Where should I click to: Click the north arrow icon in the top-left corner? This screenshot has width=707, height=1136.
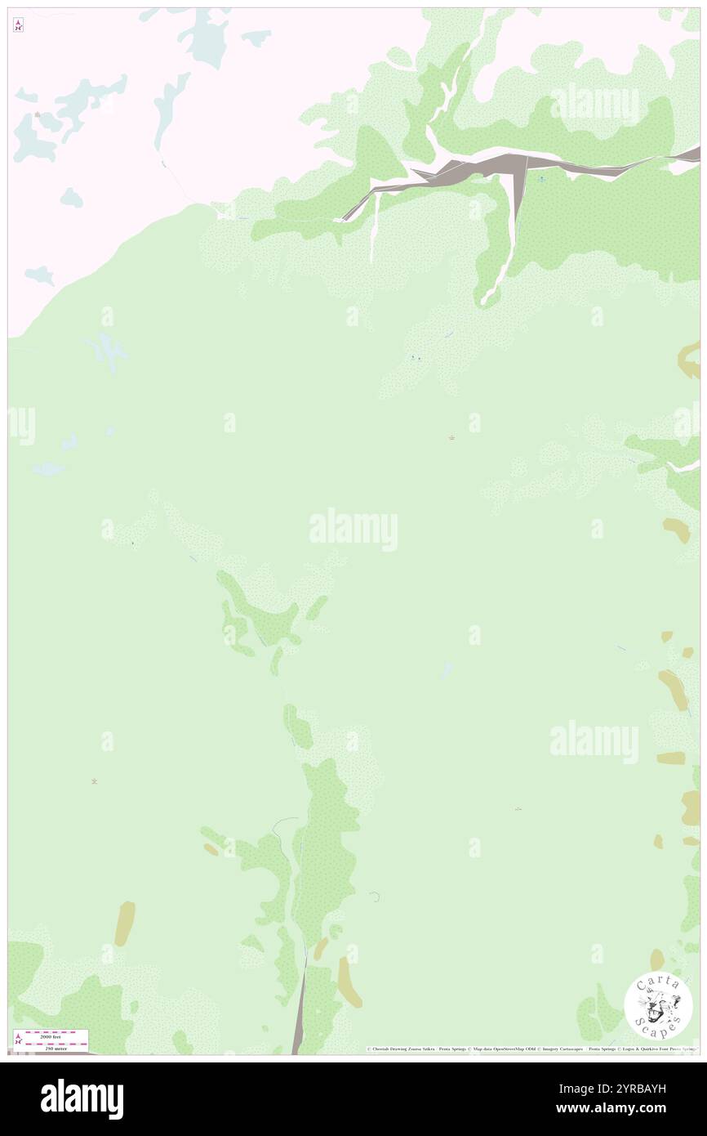click(x=18, y=26)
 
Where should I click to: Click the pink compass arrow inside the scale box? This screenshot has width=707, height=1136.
click(x=19, y=1040)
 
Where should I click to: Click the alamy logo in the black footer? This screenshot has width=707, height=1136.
click(x=82, y=1099)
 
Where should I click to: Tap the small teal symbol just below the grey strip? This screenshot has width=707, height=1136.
click(x=540, y=178)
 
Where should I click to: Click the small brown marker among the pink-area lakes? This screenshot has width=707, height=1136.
click(x=38, y=114)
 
